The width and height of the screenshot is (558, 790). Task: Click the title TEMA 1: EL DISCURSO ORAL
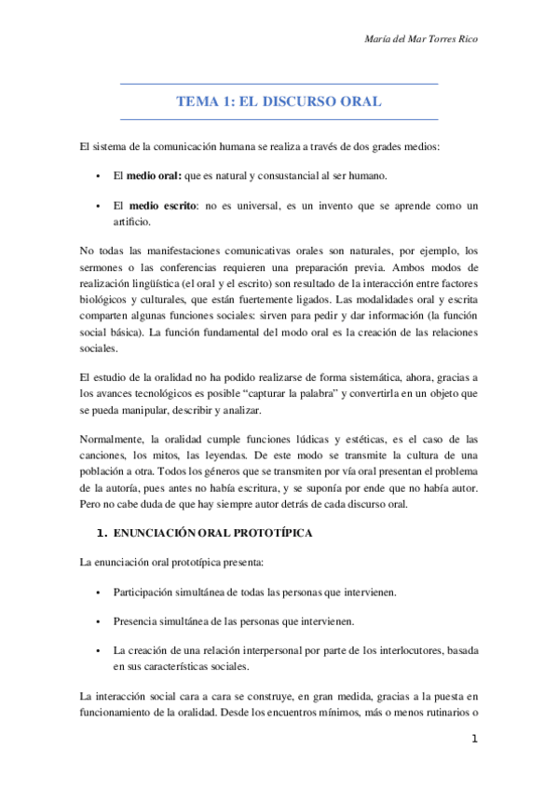coord(279,102)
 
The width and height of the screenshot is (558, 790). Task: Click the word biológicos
coord(105,303)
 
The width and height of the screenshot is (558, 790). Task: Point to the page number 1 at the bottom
coord(474,740)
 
